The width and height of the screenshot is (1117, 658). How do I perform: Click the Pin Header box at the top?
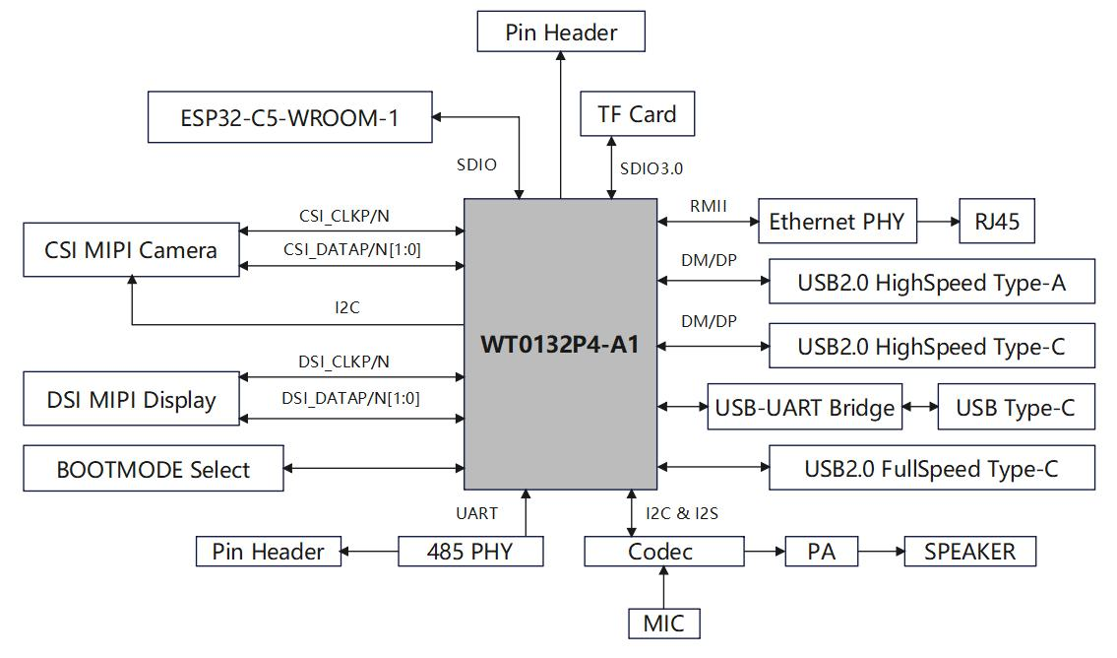click(561, 32)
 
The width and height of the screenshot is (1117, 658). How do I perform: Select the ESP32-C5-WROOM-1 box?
click(289, 117)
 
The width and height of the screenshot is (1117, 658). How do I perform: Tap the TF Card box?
click(637, 114)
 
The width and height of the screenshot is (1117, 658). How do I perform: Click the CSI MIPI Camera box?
click(131, 250)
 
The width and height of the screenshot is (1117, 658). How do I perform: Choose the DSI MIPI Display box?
click(131, 400)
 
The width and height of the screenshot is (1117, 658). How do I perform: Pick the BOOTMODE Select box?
click(153, 469)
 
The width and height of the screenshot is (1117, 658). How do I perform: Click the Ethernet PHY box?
click(837, 222)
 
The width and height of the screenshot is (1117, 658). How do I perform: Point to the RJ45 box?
click(997, 222)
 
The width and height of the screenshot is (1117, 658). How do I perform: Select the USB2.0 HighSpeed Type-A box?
click(931, 284)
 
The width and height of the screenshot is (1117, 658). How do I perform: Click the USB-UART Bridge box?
click(804, 408)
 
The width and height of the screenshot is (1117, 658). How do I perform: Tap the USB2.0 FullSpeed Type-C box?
click(931, 469)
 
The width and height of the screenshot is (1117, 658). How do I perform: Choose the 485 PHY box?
click(469, 552)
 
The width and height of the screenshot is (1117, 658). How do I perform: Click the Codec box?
click(663, 552)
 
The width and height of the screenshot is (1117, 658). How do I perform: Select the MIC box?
click(663, 624)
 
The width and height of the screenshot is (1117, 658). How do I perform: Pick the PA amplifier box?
click(821, 552)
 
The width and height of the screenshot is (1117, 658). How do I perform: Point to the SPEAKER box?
click(969, 552)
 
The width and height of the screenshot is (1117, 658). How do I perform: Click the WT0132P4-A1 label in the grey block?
click(560, 346)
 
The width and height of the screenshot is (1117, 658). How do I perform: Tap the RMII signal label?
click(708, 206)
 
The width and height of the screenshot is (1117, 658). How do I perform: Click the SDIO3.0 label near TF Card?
click(651, 168)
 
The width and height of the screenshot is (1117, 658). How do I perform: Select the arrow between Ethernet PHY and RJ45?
click(938, 222)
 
